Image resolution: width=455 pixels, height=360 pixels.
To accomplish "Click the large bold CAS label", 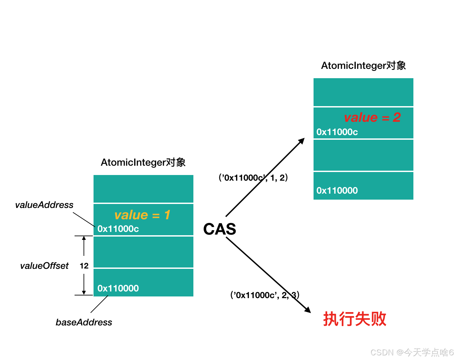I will click(220, 229).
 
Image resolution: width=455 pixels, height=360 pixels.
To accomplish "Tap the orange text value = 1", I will click(142, 215).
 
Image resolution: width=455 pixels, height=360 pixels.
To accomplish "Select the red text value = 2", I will click(372, 117).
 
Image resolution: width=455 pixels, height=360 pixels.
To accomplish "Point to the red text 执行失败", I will click(354, 319).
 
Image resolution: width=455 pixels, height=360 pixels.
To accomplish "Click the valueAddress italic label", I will click(44, 205).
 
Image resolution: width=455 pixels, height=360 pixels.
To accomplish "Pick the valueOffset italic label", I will click(44, 266).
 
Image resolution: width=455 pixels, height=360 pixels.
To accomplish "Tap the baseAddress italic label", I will click(84, 322).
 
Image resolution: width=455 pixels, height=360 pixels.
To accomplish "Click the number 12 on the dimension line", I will click(84, 266).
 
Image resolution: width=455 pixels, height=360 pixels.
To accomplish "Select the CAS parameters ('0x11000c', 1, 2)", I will click(253, 178).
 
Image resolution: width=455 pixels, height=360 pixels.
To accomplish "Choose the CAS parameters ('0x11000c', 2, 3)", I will click(265, 295).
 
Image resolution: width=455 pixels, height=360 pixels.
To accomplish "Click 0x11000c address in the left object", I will click(118, 229).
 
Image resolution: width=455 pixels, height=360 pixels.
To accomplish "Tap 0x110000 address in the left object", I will click(118, 288).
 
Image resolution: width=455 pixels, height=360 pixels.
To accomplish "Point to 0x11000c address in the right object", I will click(337, 132).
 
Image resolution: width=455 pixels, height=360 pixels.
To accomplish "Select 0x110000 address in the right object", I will click(337, 191).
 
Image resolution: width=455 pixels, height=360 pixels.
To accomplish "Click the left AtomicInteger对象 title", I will click(143, 162).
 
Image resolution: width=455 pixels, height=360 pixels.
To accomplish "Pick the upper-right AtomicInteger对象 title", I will click(363, 66).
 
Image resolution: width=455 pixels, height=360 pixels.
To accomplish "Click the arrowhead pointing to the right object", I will click(302, 141).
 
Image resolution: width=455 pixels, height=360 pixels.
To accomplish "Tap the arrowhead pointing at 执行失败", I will click(308, 310).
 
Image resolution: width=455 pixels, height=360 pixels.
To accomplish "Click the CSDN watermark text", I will click(412, 352).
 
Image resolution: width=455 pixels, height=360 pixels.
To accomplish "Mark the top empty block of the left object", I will click(143, 189).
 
